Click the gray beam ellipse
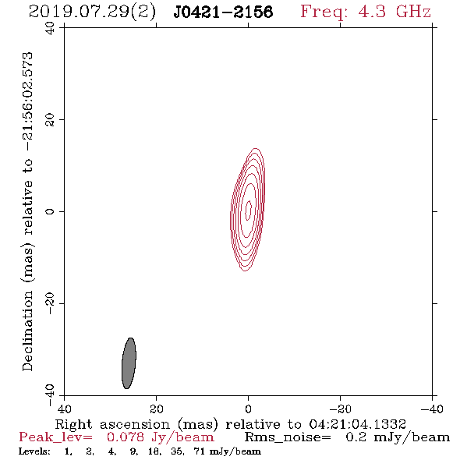coord(129,363)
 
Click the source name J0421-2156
coord(223,12)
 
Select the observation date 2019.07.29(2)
coord(92,12)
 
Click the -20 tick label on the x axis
coord(340,409)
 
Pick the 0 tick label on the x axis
coord(248,409)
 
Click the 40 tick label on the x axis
coord(64,409)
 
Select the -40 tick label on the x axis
coord(432,409)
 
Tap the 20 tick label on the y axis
coord(50,120)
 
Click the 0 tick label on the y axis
coord(50,211)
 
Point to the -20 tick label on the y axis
coord(50,303)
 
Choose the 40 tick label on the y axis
coord(50,28)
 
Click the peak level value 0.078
coord(126,437)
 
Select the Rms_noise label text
coord(288,437)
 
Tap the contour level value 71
coord(199,451)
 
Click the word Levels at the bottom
coord(34,451)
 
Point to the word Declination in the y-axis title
coord(27,331)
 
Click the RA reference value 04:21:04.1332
coord(357,424)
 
